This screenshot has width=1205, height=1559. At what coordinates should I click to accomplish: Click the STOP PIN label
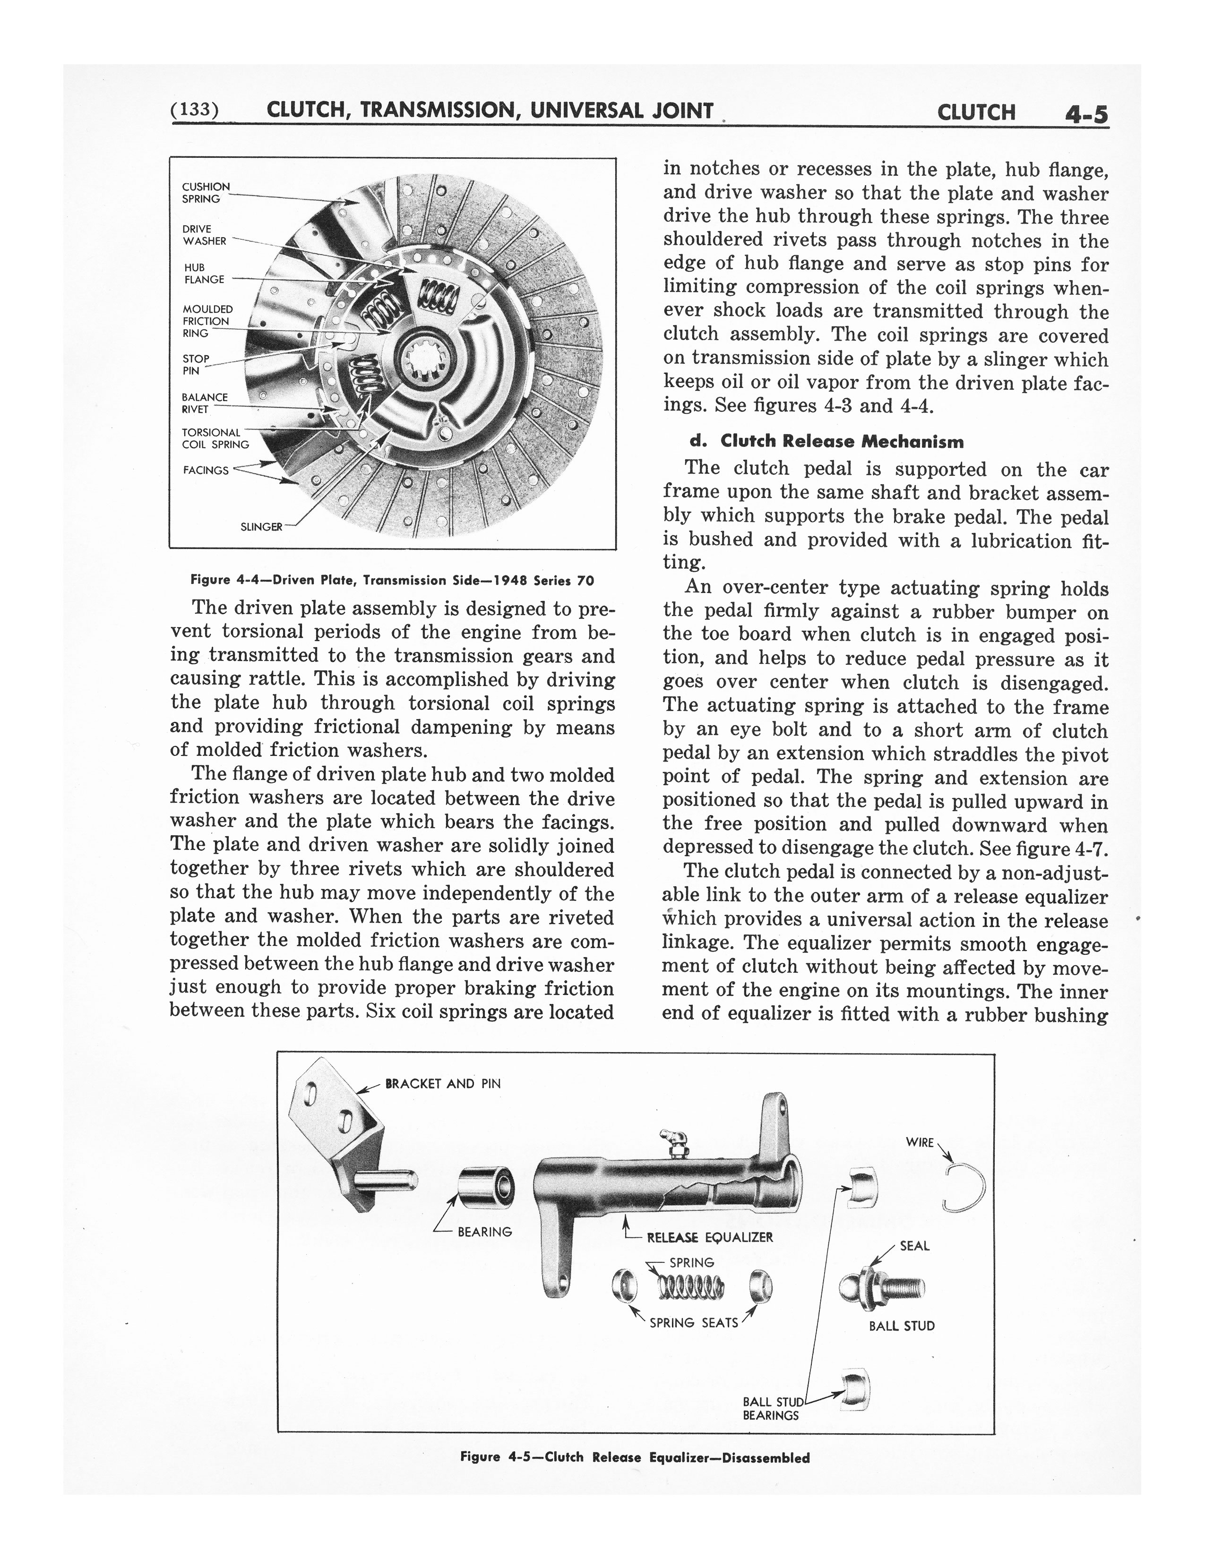[x=196, y=365]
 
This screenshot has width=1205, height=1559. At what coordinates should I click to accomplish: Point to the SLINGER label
[x=261, y=527]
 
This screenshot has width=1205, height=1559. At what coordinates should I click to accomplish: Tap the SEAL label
[x=914, y=1246]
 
